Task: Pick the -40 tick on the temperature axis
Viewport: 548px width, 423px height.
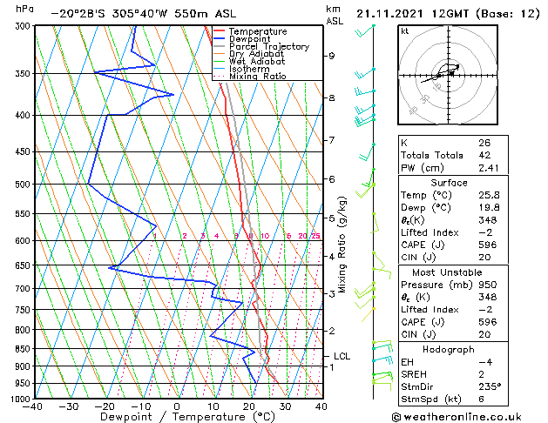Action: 33,406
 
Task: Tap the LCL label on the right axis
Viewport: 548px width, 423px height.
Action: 342,356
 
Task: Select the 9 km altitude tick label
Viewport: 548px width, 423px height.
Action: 331,56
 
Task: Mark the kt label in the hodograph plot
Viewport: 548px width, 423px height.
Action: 405,31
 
